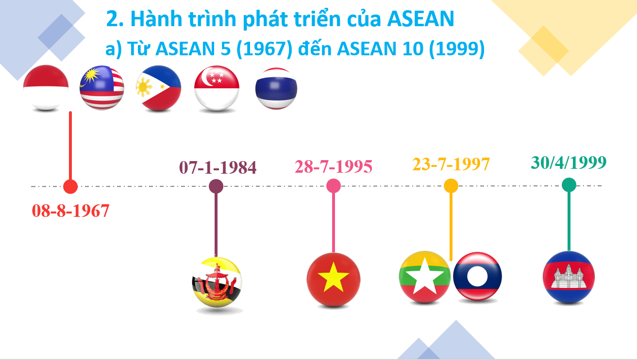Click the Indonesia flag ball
46,87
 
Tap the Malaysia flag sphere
102,88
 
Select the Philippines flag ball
158,88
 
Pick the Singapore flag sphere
217,88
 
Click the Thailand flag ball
276,88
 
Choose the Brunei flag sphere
217,282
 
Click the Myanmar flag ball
424,277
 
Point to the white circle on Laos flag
477,276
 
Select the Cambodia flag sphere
569,277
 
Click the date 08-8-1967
70,211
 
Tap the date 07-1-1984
218,167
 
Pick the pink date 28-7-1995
334,166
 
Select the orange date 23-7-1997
451,164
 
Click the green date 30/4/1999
569,162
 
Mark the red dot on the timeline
70,186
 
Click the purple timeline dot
216,186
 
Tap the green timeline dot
569,185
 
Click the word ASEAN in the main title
421,19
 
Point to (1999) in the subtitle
457,49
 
